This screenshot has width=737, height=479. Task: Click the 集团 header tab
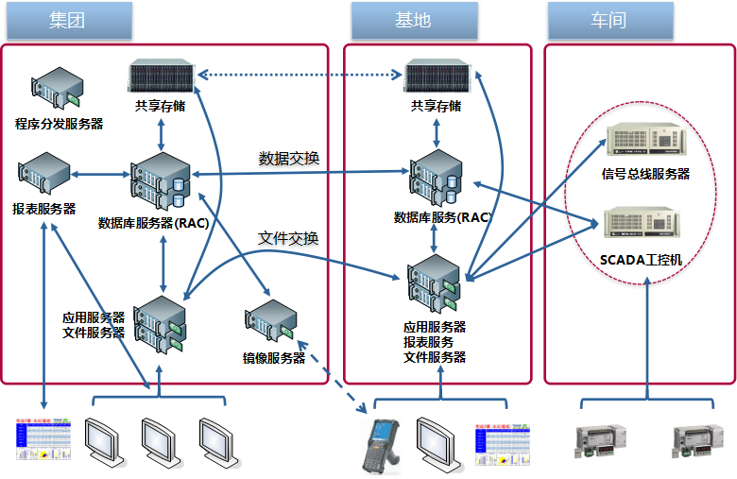[67, 20]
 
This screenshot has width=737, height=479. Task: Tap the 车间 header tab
[608, 20]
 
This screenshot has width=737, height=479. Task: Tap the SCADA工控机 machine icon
[645, 225]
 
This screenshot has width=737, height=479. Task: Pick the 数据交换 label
[289, 158]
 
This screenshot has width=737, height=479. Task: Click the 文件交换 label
[288, 237]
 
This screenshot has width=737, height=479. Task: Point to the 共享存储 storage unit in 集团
[160, 77]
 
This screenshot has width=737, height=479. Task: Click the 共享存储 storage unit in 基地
[436, 77]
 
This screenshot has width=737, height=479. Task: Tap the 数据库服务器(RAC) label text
[153, 224]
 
